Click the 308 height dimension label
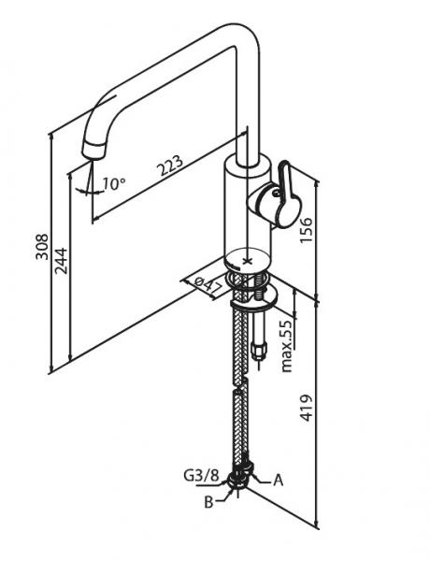42,247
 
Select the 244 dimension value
61,261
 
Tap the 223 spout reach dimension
171,165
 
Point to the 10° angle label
114,184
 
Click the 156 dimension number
306,230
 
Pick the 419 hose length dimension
306,409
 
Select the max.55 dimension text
287,346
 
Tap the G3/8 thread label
201,476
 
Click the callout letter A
278,481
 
